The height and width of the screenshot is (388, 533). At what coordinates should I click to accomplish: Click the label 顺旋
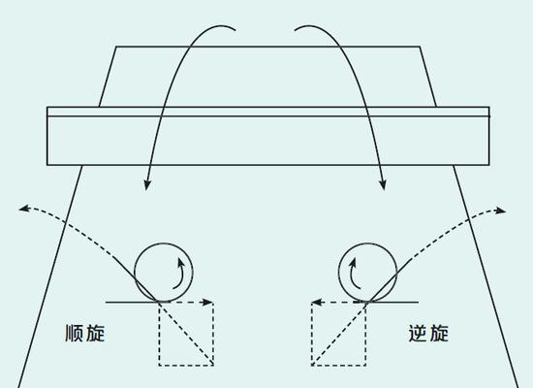[85, 334]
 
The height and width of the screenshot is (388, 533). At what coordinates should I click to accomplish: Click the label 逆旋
[428, 334]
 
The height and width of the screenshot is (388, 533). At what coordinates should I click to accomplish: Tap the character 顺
[74, 334]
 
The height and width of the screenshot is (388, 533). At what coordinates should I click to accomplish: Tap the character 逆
[418, 334]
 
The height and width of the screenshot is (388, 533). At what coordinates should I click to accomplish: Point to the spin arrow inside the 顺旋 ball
[182, 274]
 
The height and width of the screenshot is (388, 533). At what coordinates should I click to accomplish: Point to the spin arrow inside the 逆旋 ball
[351, 274]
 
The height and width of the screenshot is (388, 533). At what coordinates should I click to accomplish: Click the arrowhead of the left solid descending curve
[147, 185]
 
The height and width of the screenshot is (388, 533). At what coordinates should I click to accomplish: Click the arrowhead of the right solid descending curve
[383, 185]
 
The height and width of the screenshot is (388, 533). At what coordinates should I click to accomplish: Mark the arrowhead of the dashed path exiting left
[24, 208]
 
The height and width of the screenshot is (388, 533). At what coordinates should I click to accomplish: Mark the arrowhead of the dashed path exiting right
[500, 210]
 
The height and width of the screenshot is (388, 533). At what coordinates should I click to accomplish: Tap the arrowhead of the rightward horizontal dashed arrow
[207, 302]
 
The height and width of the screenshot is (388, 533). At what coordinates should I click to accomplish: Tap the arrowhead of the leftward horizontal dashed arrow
[317, 302]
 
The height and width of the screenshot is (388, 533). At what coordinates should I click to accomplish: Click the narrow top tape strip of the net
[268, 112]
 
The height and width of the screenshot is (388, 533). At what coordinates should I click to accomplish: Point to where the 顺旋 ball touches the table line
[163, 302]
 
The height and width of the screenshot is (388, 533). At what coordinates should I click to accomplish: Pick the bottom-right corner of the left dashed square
[213, 366]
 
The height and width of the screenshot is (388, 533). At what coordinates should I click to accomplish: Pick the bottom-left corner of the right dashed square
[312, 366]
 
